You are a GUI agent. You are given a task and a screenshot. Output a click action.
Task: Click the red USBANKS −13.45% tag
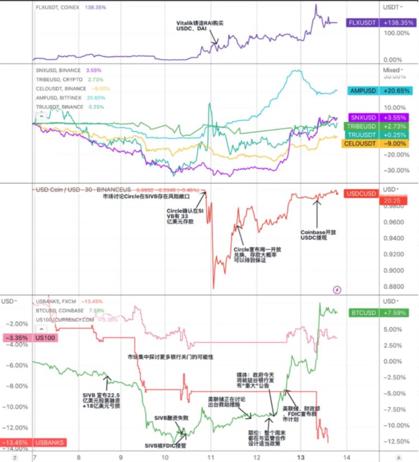click(33, 442)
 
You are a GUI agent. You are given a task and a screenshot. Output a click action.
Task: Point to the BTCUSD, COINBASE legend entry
click(60, 311)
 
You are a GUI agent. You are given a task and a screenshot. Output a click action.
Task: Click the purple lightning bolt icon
click(337, 290)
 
